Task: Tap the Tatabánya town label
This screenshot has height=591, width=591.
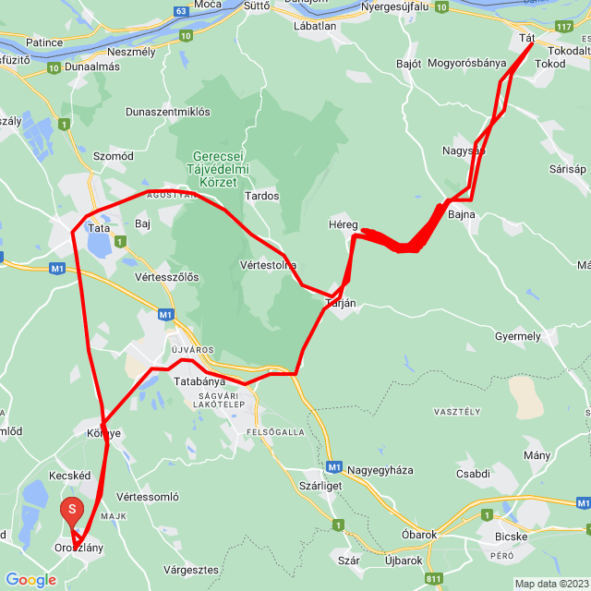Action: click(x=199, y=380)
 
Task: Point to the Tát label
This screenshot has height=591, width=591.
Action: click(x=527, y=38)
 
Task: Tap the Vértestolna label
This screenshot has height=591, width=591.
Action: click(x=268, y=264)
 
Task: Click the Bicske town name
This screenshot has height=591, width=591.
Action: click(x=511, y=536)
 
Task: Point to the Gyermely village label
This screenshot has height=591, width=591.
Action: click(x=518, y=336)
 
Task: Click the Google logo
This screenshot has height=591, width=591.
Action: click(x=30, y=580)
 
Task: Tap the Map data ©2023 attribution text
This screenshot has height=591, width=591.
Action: click(x=551, y=584)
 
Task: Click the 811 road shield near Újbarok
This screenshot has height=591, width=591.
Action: click(x=434, y=579)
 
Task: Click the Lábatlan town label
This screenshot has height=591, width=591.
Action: click(x=315, y=27)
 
